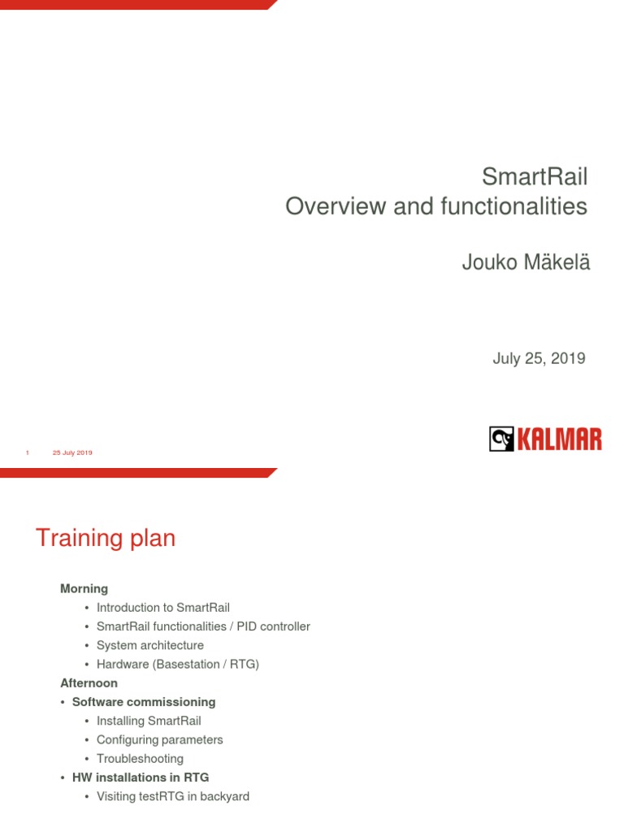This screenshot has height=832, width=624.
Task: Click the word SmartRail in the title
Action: click(534, 176)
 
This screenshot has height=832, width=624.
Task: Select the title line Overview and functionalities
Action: click(435, 206)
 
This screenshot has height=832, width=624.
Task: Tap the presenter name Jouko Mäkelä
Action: click(526, 263)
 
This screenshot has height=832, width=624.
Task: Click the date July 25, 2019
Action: click(539, 358)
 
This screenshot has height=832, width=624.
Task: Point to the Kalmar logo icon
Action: click(501, 440)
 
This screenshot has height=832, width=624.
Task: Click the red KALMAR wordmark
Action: click(559, 440)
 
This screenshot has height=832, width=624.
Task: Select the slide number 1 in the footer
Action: click(28, 453)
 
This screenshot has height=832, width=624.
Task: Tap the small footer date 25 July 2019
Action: click(72, 453)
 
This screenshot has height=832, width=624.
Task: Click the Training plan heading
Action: click(106, 538)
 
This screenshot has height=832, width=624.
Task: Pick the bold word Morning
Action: click(84, 588)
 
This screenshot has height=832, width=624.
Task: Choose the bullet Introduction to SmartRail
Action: click(162, 608)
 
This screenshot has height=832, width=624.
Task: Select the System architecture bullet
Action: click(149, 645)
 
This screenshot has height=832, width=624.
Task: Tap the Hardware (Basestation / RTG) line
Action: click(177, 665)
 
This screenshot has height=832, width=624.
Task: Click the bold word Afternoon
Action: click(89, 683)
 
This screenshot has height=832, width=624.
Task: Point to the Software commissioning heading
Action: click(144, 702)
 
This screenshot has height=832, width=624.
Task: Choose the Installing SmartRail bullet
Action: click(148, 721)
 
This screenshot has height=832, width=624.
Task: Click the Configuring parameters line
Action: click(159, 740)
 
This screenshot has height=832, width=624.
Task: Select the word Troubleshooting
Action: click(140, 759)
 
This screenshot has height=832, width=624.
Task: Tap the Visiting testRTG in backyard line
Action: click(172, 796)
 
